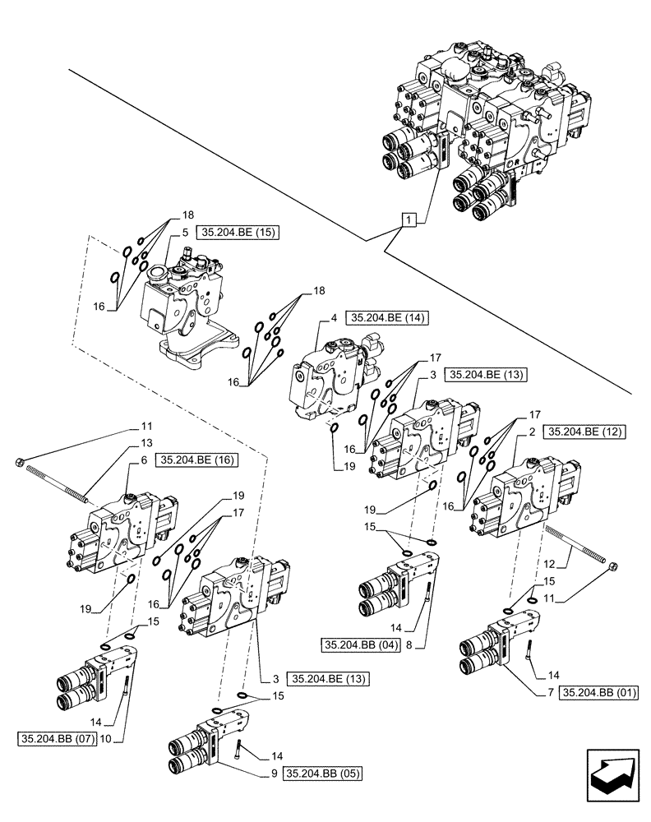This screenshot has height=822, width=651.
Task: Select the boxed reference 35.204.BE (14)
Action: click(x=390, y=317)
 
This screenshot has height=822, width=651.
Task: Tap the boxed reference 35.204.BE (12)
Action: click(x=587, y=431)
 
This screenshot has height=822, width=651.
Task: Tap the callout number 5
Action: click(x=163, y=233)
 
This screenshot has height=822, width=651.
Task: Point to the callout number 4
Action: click(x=335, y=317)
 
